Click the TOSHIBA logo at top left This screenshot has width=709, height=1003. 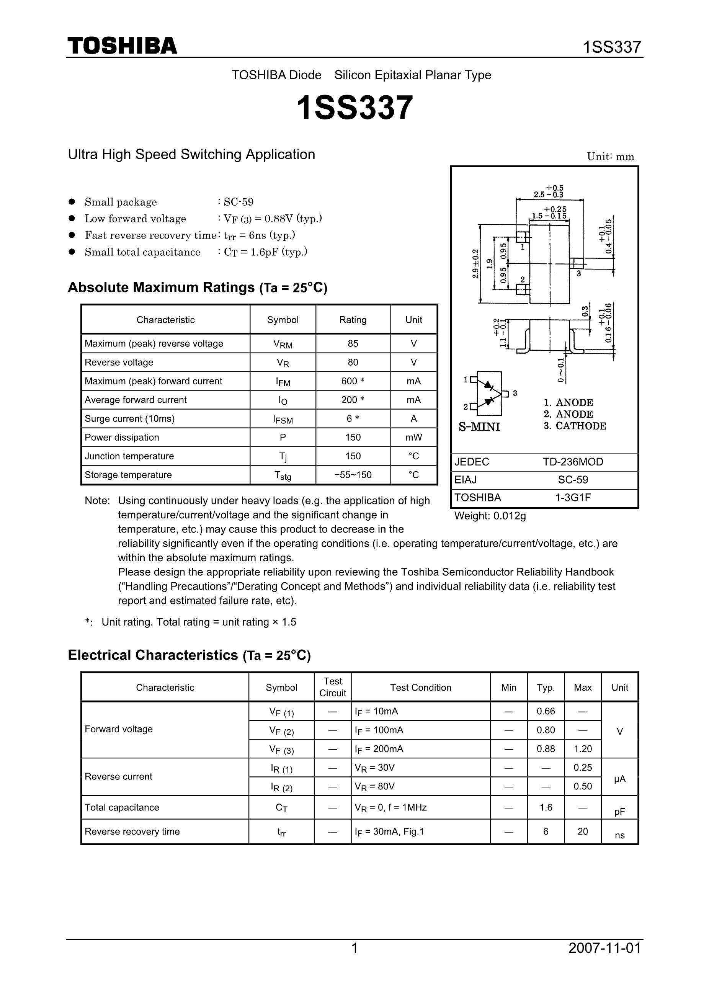coord(123,46)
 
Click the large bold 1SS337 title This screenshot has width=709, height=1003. coord(354,108)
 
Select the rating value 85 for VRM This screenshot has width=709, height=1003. coord(353,344)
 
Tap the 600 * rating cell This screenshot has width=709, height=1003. coord(353,381)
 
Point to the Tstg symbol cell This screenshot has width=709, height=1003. coord(283,476)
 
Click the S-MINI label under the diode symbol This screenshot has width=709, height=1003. coord(479,427)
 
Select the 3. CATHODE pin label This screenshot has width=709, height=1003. coord(575,426)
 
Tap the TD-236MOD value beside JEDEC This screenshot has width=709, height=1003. coord(573,462)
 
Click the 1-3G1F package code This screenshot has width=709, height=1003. coord(573,498)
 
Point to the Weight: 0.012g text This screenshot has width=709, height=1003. coord(490,516)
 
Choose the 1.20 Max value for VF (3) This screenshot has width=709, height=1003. coord(582,749)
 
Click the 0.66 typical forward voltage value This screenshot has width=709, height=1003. coord(546,712)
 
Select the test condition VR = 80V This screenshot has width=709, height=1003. coord(375,787)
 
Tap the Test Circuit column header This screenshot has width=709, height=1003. coord(332,687)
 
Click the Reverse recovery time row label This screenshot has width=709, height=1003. coord(132,832)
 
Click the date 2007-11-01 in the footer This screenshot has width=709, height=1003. coord(604,948)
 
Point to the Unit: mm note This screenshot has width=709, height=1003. coord(610,157)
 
